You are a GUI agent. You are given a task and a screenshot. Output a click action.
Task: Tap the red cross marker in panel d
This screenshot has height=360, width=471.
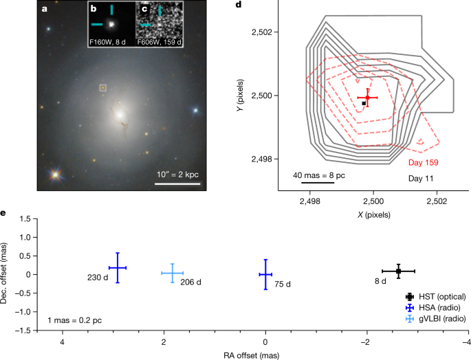tap(367, 98)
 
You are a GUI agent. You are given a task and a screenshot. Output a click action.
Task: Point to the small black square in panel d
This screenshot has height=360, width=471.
tap(364, 103)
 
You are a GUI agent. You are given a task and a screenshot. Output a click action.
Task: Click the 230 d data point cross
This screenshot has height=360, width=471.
tap(118, 268)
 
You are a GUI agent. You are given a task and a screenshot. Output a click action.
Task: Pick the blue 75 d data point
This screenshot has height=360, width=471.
tap(265, 274)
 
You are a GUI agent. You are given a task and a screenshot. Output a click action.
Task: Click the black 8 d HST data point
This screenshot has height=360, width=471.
tap(398, 271)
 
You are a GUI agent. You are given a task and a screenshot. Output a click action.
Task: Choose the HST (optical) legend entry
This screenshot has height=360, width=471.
tap(436, 296)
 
